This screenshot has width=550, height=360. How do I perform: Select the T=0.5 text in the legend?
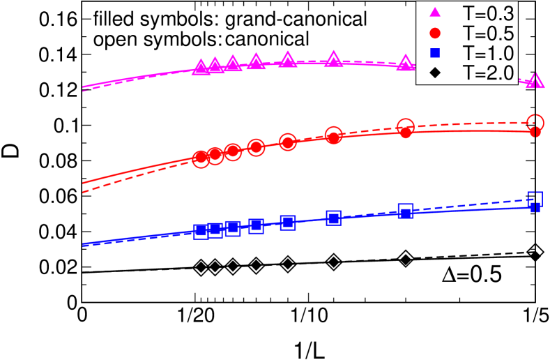pyautogui.click(x=493, y=32)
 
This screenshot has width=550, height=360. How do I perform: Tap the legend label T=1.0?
pyautogui.click(x=493, y=52)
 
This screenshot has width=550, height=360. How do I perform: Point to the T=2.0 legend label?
pyautogui.click(x=493, y=72)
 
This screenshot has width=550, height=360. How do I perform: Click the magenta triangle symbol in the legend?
pyautogui.click(x=435, y=12)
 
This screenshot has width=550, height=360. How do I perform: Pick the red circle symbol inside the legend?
pyautogui.click(x=435, y=32)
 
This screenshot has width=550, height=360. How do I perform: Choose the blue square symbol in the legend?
pyautogui.click(x=435, y=52)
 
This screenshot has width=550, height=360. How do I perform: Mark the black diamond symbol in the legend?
pyautogui.click(x=435, y=72)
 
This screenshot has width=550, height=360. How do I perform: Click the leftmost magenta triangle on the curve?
pyautogui.click(x=201, y=67)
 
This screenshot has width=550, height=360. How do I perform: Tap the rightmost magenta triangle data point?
pyautogui.click(x=535, y=81)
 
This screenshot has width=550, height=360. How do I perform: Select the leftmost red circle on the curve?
pyautogui.click(x=201, y=158)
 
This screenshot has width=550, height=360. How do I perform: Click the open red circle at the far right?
pyautogui.click(x=535, y=122)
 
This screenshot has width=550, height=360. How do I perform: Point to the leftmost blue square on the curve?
pyautogui.click(x=201, y=231)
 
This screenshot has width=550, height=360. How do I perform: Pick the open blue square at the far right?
pyautogui.click(x=535, y=198)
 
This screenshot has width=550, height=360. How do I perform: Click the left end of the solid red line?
pyautogui.click(x=83, y=183)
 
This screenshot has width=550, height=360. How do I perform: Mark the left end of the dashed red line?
pyautogui.click(x=83, y=192)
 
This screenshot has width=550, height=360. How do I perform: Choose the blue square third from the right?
pyautogui.click(x=333, y=218)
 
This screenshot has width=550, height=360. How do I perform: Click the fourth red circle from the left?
pyautogui.click(x=256, y=147)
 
